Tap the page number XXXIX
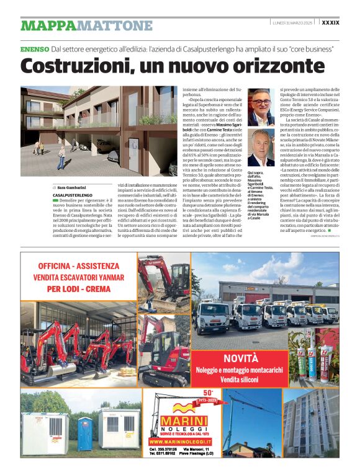pos(330,22)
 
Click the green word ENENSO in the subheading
pos(34,49)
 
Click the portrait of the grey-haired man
pos(261,148)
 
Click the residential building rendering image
pos(99,132)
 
